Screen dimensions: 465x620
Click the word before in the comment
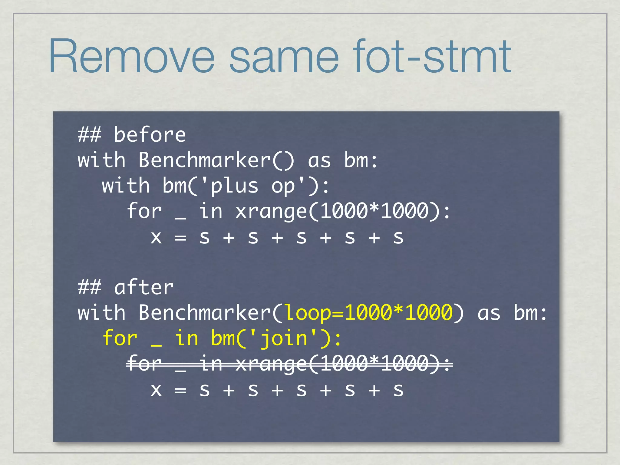(150, 135)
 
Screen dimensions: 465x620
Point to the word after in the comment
(144, 287)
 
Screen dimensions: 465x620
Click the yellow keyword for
(120, 338)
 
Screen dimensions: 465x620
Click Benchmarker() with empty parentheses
(216, 160)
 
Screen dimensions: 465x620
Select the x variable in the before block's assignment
(156, 238)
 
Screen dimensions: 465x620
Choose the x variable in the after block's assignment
(156, 390)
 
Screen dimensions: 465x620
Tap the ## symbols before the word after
(89, 287)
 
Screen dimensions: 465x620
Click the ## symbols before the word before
(89, 135)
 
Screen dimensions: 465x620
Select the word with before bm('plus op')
(126, 186)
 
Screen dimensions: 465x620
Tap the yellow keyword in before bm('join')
(186, 338)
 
